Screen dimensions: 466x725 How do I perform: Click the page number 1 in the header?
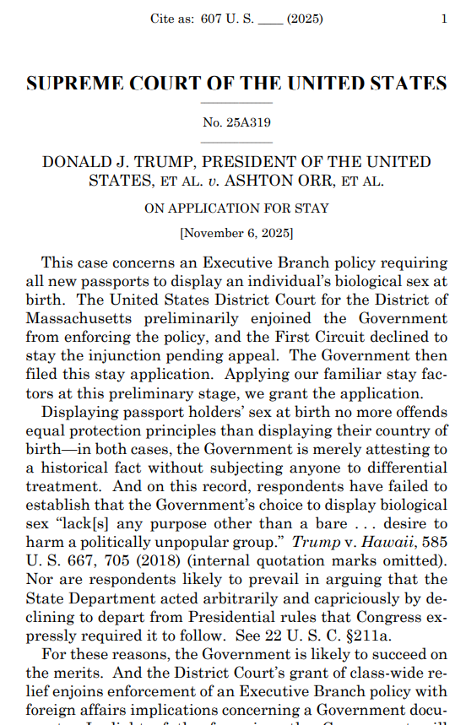pos(444,19)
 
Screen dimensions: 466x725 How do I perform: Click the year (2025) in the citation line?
pos(307,19)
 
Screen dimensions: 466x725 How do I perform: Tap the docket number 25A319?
pos(248,122)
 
